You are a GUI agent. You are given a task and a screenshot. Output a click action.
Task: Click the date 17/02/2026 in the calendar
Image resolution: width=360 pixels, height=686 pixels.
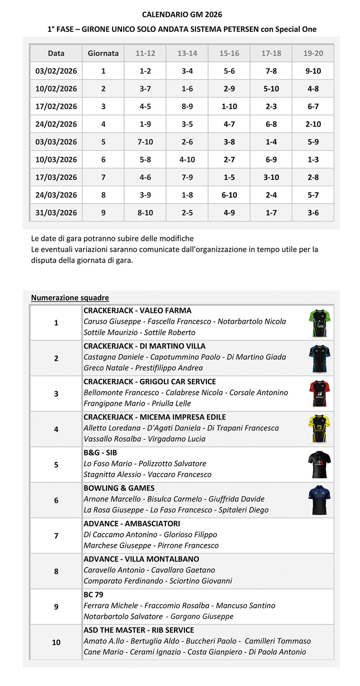pyautogui.click(x=56, y=106)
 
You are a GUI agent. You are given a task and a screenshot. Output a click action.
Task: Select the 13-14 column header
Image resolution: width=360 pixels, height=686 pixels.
pyautogui.click(x=187, y=53)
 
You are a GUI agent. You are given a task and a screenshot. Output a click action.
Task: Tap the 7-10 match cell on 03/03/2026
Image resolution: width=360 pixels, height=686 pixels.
pyautogui.click(x=145, y=142)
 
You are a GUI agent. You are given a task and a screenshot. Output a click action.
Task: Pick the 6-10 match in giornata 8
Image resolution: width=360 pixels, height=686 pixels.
pyautogui.click(x=229, y=195)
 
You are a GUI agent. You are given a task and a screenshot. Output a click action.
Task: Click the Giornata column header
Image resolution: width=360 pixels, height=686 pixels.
pyautogui.click(x=103, y=53)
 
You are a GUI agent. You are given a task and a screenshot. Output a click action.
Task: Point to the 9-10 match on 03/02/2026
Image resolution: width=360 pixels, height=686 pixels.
pyautogui.click(x=313, y=71)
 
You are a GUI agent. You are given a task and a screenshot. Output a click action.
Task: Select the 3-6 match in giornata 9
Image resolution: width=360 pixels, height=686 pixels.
pyautogui.click(x=313, y=212)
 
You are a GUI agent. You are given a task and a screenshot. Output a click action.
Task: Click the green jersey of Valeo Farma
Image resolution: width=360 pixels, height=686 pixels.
pyautogui.click(x=319, y=323)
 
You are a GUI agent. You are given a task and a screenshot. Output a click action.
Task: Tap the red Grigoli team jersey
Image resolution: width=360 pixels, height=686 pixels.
pyautogui.click(x=319, y=394)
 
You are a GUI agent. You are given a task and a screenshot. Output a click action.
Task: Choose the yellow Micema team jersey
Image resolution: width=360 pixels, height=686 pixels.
pyautogui.click(x=319, y=429)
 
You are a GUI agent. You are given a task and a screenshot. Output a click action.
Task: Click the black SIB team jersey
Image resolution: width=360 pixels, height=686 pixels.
pyautogui.click(x=319, y=465)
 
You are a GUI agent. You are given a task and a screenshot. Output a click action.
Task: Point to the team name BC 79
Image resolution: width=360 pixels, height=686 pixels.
pyautogui.click(x=94, y=595)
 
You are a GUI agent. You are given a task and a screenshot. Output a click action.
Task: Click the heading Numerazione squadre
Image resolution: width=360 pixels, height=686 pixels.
pyautogui.click(x=70, y=298)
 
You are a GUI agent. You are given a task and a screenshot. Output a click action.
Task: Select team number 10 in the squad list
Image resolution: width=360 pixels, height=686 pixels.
pyautogui.click(x=56, y=642)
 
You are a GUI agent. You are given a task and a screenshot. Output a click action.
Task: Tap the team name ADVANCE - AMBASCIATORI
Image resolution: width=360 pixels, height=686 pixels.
pyautogui.click(x=132, y=524)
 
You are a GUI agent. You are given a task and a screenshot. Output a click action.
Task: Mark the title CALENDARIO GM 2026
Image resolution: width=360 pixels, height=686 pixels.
pyautogui.click(x=182, y=14)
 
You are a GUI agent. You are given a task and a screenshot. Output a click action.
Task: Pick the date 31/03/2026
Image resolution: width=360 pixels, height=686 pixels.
pyautogui.click(x=56, y=212)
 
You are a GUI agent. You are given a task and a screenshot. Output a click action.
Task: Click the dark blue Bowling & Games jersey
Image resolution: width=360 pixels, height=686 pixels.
pyautogui.click(x=319, y=500)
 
